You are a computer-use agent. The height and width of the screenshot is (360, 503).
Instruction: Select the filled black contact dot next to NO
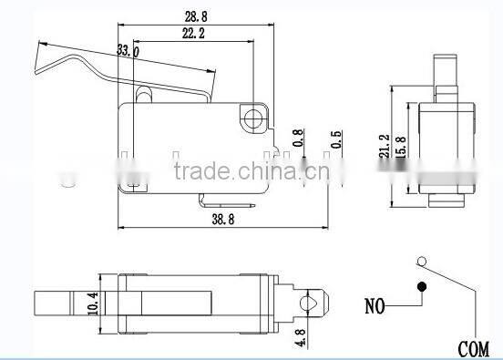point(422,289)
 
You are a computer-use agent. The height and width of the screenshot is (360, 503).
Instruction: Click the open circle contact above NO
point(420,263)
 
